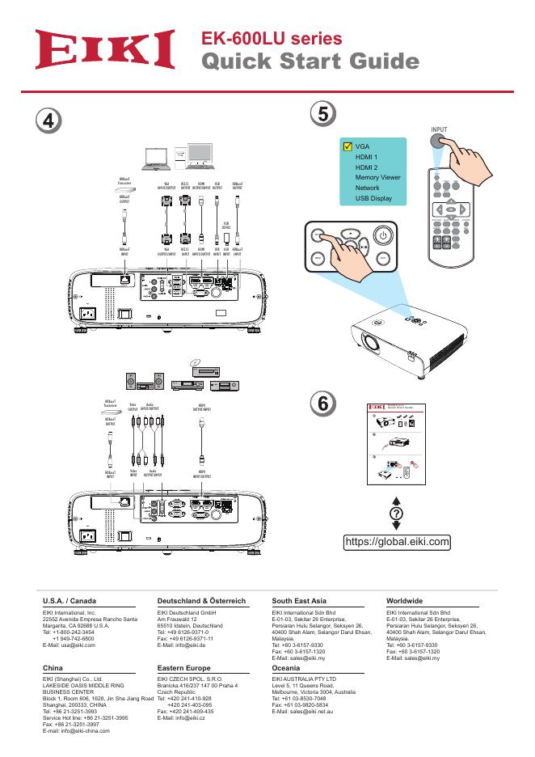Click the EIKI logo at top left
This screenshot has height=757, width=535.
(104, 50)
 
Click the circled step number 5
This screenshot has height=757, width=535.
(323, 114)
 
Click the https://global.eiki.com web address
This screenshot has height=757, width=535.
(397, 541)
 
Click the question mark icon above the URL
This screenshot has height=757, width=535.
(396, 515)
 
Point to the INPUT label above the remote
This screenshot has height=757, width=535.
(439, 129)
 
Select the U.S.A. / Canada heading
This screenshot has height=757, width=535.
(70, 602)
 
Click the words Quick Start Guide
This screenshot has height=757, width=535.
(310, 62)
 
